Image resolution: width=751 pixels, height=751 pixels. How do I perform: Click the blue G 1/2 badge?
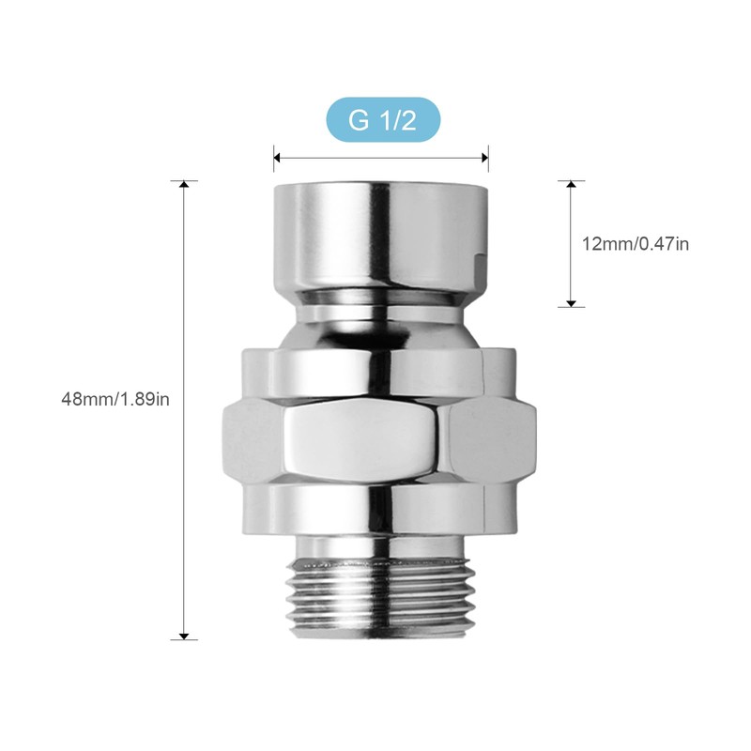pyautogui.click(x=381, y=119)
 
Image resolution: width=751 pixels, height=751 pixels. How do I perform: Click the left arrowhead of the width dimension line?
pyautogui.click(x=278, y=158)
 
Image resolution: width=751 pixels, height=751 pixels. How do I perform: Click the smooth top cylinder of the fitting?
pyautogui.click(x=381, y=235)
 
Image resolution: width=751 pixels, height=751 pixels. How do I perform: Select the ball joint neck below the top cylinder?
pyautogui.click(x=381, y=319)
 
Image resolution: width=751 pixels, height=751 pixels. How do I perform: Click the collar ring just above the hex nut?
pyautogui.click(x=381, y=371)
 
